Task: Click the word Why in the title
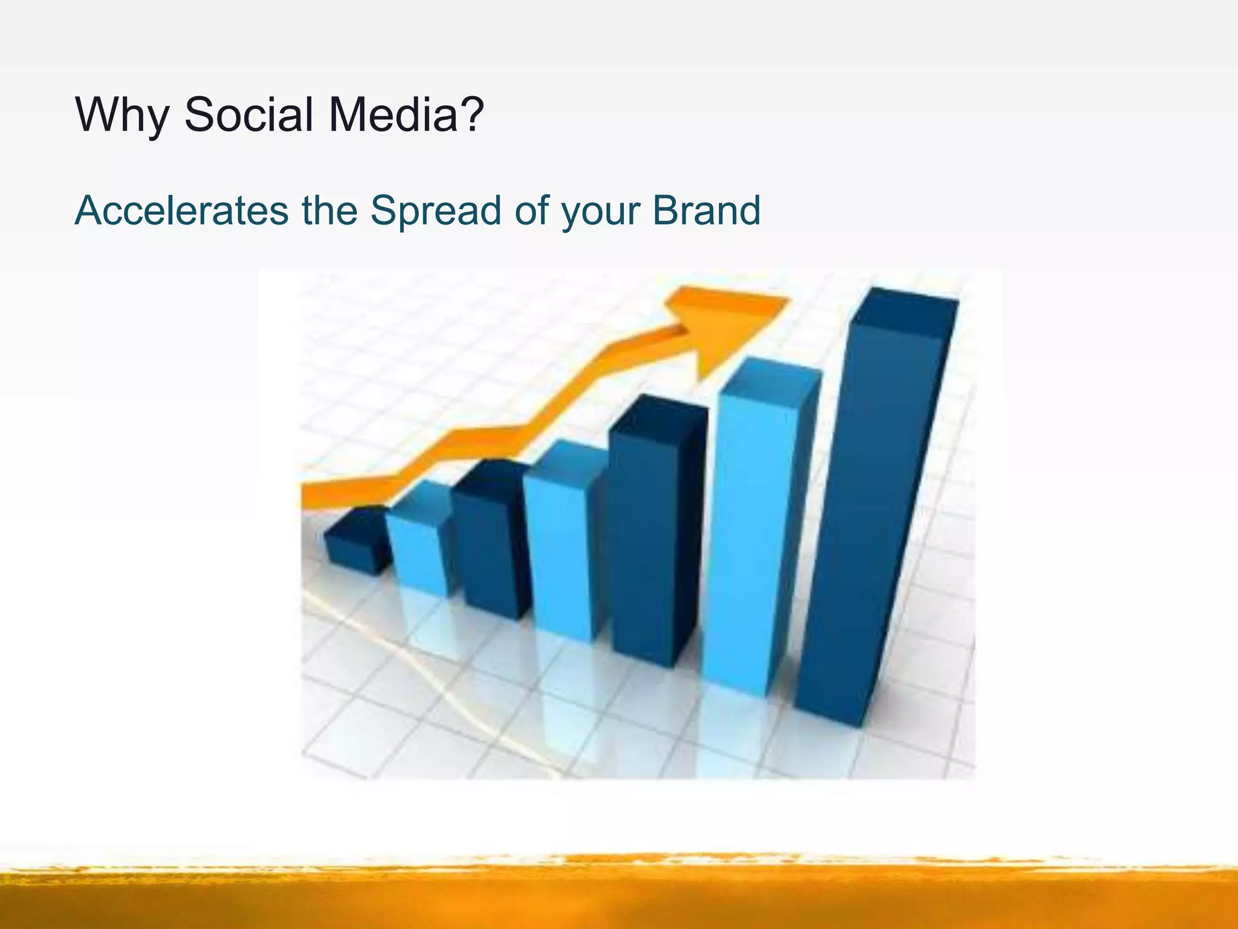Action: click(x=122, y=115)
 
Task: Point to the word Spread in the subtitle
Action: click(x=436, y=212)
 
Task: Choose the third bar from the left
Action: click(x=487, y=544)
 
